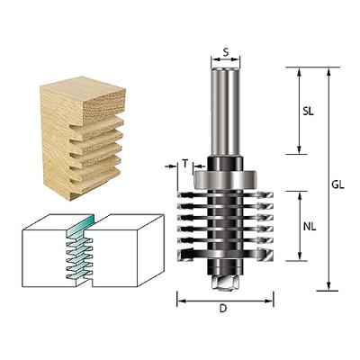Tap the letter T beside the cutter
[184, 163]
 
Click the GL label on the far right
[337, 184]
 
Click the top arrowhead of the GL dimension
[329, 71]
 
